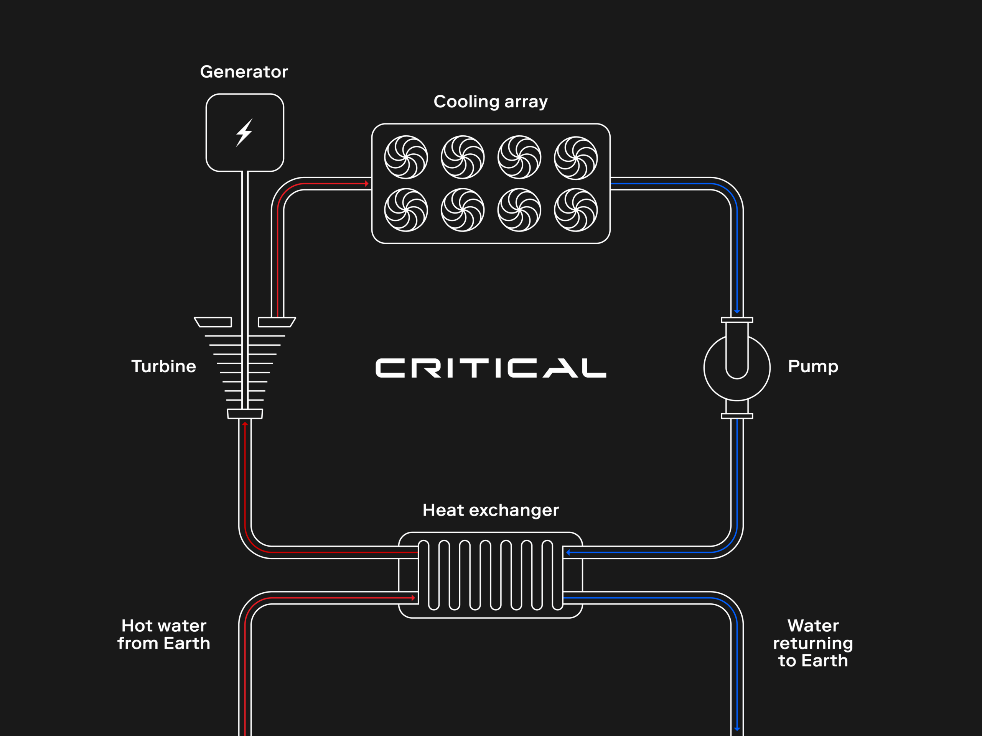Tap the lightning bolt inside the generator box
pos(244,133)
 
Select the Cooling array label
pos(491,102)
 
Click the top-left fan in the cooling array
pos(406,157)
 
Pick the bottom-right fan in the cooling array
pos(576,210)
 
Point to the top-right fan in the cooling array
pos(576,158)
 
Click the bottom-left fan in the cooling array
pos(406,210)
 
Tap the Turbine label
pos(163,366)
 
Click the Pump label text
pos(813,366)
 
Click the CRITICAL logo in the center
pos(491,368)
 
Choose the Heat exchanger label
pos(491,510)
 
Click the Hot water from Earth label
pos(163,634)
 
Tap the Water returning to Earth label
pos(813,643)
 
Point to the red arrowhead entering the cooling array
pos(367,183)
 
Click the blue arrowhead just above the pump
pos(737,311)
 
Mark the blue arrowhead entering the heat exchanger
pos(568,552)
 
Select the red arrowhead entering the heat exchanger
pos(413,598)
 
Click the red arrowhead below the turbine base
pos(245,424)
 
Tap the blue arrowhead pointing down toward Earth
pos(737,728)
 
